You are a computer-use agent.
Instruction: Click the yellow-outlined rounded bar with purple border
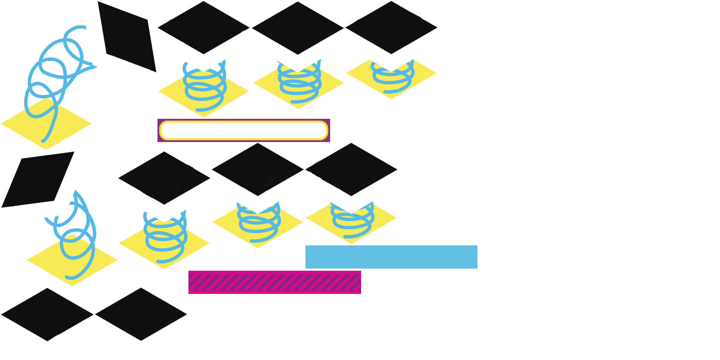(x=244, y=130)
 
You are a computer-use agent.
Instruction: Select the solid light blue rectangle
(x=391, y=257)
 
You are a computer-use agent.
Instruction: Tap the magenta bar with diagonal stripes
(x=275, y=282)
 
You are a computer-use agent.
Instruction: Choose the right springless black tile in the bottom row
(x=141, y=314)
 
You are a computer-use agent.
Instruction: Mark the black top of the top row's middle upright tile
(x=298, y=28)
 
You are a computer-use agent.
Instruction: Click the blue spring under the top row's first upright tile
(x=204, y=88)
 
